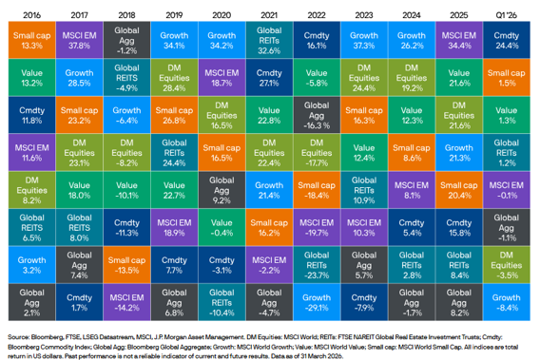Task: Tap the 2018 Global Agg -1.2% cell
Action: (124, 40)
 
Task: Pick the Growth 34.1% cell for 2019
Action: (172, 40)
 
